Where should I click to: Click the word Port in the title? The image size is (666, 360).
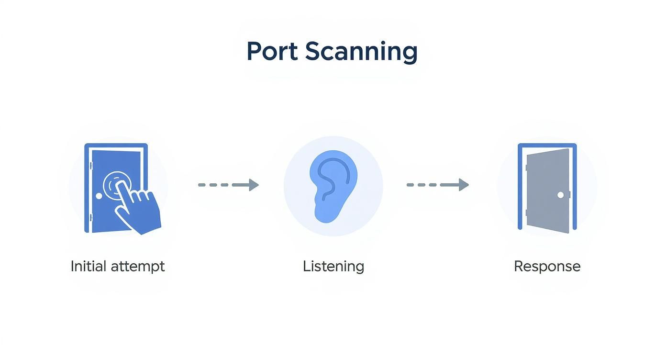click(272, 51)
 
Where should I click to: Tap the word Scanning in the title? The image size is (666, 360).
click(361, 52)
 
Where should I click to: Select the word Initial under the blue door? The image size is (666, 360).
click(88, 266)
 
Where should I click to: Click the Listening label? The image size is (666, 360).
click(333, 266)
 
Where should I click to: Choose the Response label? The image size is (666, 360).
click(547, 266)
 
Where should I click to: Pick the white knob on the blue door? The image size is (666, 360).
click(99, 196)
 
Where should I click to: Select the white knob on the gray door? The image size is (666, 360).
click(560, 195)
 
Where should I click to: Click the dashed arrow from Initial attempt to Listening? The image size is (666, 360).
click(228, 185)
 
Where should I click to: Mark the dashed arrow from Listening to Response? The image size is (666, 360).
click(437, 185)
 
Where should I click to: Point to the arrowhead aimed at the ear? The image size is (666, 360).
click(254, 185)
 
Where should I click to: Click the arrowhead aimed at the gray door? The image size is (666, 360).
click(463, 185)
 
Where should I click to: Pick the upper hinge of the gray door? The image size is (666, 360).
click(526, 168)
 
